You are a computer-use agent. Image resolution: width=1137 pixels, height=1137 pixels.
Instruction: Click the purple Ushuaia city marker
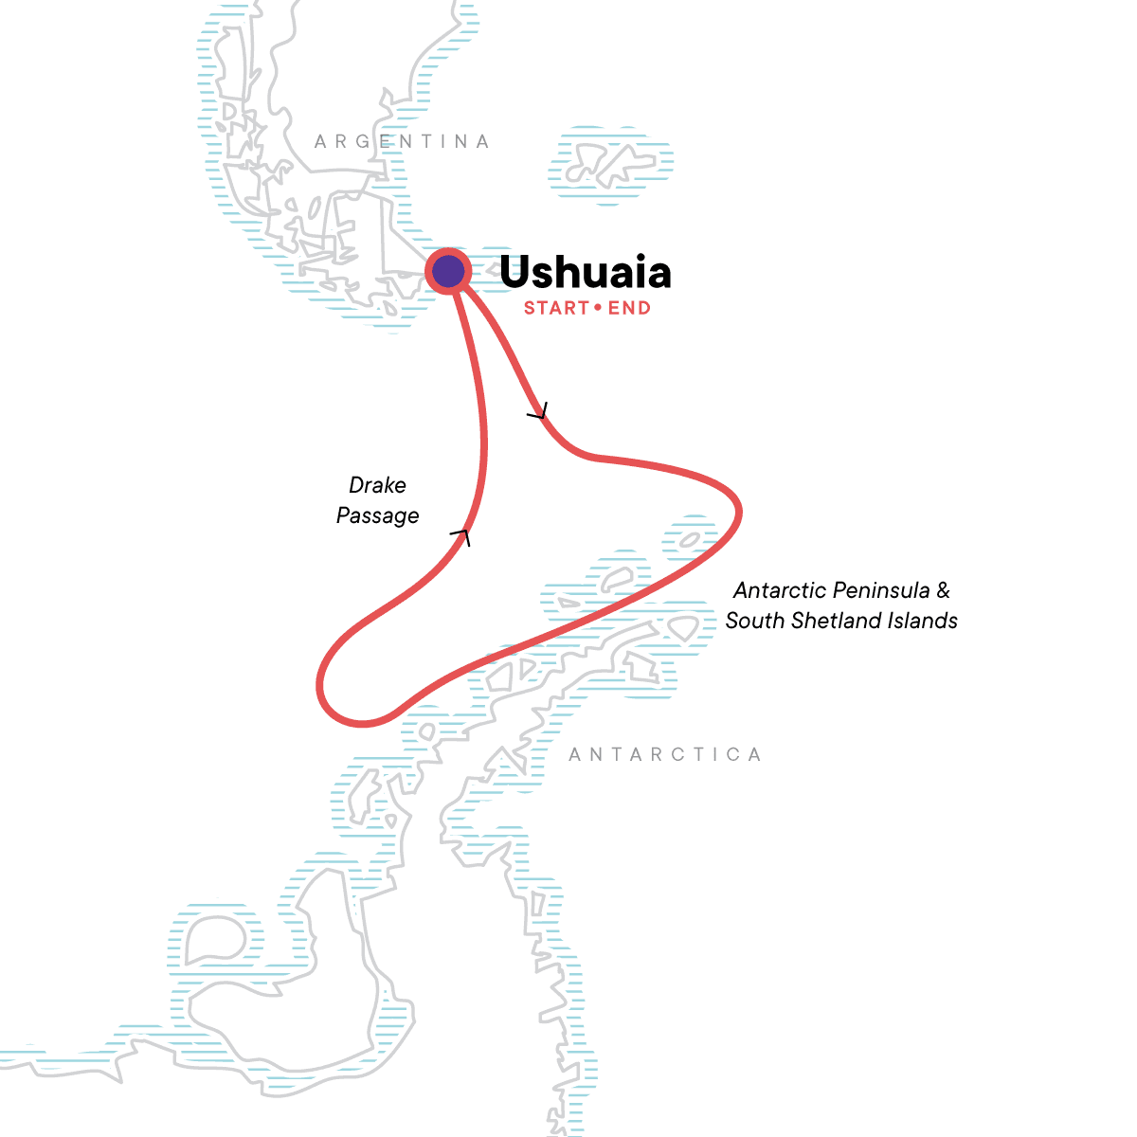[x=448, y=272]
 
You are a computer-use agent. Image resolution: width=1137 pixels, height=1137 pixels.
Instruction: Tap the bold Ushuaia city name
[x=585, y=273]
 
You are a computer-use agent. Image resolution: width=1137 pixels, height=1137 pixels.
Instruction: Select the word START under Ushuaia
[x=556, y=308]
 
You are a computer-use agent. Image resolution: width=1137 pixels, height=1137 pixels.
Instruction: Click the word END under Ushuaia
[x=629, y=308]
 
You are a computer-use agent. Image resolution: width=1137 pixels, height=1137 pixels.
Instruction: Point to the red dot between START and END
[x=598, y=307]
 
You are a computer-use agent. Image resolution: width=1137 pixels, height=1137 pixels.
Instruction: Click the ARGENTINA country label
[x=403, y=142]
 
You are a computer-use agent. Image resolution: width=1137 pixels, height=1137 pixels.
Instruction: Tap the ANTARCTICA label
[x=665, y=755]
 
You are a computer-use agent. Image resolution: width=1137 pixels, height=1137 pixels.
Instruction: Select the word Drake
[x=377, y=485]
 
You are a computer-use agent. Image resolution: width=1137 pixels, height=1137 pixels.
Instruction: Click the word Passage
[x=377, y=515]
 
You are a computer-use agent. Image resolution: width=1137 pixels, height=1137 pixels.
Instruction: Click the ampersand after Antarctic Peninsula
[x=943, y=591]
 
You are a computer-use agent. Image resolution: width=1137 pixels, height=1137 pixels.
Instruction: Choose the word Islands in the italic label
[x=921, y=621]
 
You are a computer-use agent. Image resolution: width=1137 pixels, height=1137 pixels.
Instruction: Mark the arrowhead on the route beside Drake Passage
[x=461, y=536]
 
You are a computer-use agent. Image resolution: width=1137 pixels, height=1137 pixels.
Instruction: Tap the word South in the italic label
[x=754, y=621]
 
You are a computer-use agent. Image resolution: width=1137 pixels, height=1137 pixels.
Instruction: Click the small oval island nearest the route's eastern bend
[x=689, y=540]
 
